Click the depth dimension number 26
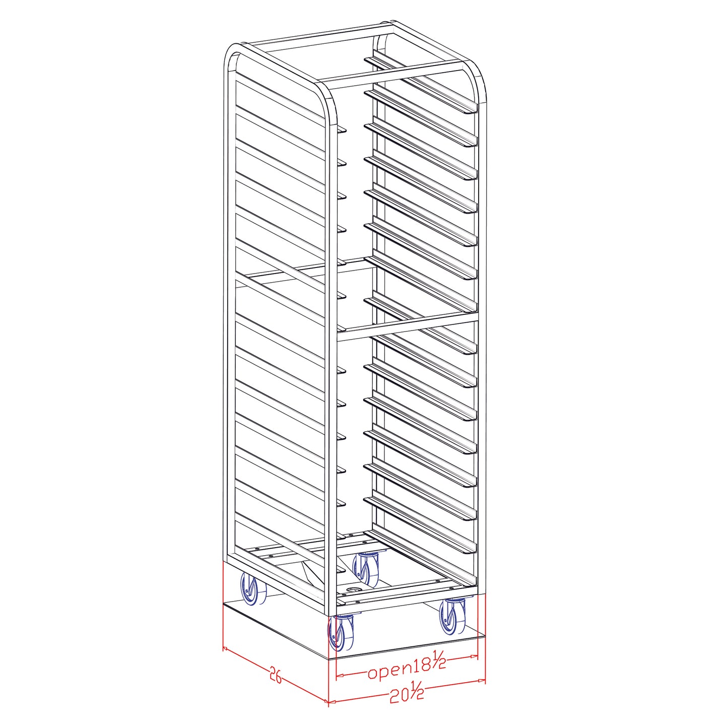coord(275,675)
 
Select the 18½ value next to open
coord(430,665)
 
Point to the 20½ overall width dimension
coord(407,693)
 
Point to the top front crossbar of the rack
coord(398,71)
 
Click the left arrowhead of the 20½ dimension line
coord(331,701)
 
